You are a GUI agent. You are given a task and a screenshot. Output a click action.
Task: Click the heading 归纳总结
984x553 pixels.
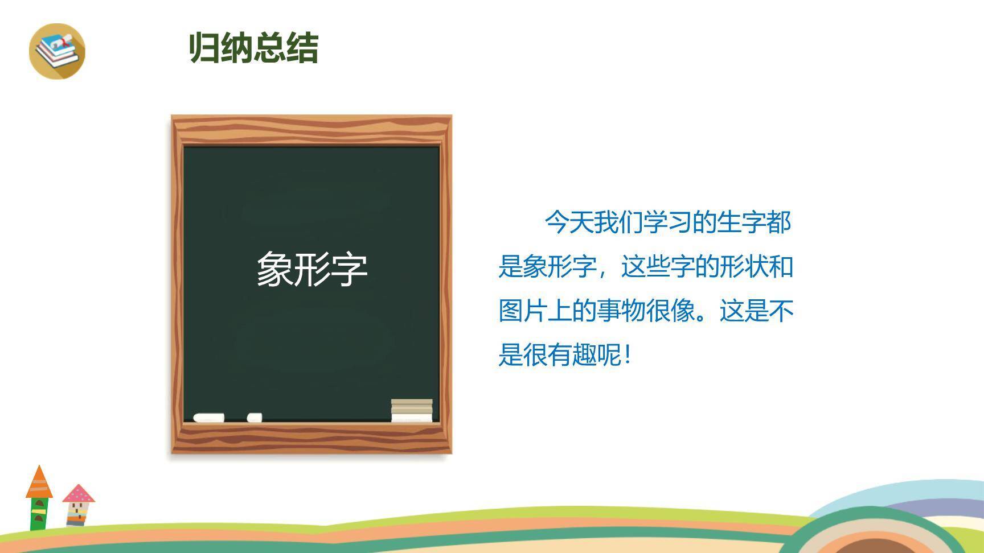tap(253, 47)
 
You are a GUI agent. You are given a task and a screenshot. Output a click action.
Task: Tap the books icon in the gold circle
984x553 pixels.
tap(57, 51)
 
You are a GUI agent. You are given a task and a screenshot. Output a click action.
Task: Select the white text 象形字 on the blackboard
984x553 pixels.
tap(312, 269)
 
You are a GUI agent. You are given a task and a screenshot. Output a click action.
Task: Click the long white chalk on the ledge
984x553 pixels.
tap(208, 418)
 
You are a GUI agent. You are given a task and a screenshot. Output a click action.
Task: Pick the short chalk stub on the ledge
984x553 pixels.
tap(255, 418)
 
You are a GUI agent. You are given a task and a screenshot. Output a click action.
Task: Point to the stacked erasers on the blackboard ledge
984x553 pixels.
tap(412, 411)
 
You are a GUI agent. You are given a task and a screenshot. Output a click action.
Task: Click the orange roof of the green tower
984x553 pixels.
tap(39, 482)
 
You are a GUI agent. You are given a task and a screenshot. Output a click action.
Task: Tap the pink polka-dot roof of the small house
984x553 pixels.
tap(79, 493)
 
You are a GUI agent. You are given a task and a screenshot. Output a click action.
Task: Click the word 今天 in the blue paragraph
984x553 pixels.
tap(569, 222)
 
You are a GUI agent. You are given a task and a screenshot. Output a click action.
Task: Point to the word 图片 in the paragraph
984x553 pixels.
tap(523, 311)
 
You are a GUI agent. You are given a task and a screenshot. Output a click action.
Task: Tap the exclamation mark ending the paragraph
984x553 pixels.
tap(628, 355)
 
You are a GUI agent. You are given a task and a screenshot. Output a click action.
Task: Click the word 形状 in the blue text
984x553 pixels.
tap(744, 266)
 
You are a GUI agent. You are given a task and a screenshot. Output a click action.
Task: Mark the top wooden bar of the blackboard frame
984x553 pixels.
tap(311, 130)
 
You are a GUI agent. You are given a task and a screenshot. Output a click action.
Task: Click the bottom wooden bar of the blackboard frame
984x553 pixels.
tap(311, 438)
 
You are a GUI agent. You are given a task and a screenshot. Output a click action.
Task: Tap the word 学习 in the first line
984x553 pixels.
tap(667, 222)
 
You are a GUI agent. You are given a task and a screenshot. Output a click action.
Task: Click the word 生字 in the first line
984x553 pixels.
tap(741, 222)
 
